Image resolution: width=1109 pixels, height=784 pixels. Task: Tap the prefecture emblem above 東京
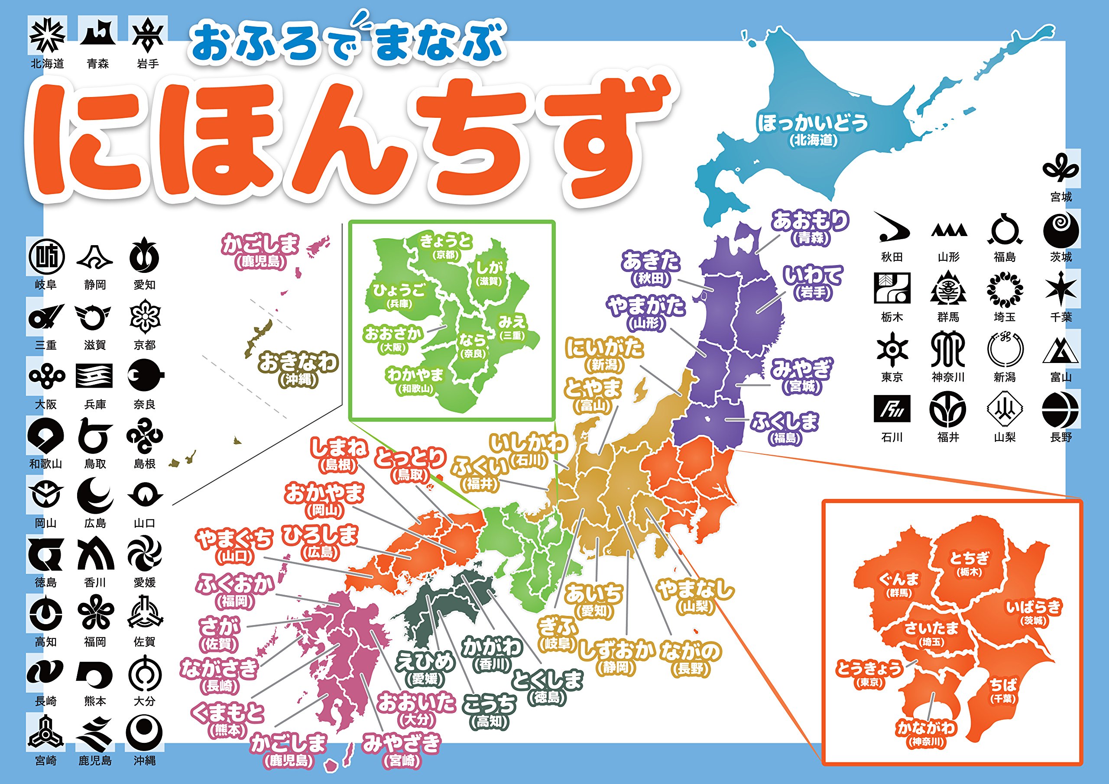click(x=892, y=349)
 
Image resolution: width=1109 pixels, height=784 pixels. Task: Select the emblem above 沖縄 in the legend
click(x=144, y=732)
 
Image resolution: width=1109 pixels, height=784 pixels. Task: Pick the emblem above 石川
click(x=892, y=408)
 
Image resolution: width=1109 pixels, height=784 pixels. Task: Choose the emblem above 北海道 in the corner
click(x=47, y=36)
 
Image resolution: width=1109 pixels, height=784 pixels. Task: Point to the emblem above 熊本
click(x=95, y=674)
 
